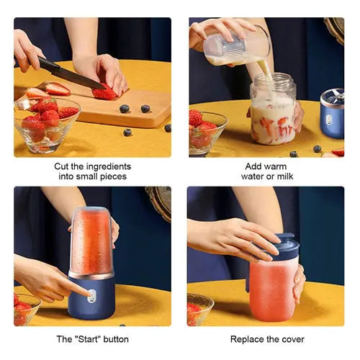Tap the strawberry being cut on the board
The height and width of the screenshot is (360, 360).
tap(105, 93)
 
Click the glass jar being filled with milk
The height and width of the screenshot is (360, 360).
tap(273, 112)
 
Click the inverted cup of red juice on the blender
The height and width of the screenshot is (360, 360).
tap(91, 241)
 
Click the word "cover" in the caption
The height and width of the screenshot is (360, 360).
tap(291, 338)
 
